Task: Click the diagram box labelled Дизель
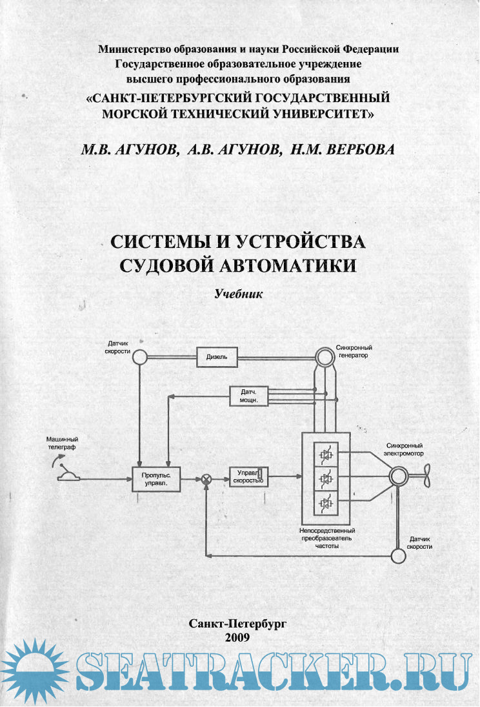click(x=217, y=356)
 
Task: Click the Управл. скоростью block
click(x=249, y=477)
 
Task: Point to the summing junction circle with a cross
click(x=206, y=479)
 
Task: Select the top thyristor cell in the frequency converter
click(x=326, y=455)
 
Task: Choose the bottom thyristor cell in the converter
click(x=326, y=502)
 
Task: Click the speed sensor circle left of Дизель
click(x=140, y=356)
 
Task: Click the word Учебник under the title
click(x=239, y=293)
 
